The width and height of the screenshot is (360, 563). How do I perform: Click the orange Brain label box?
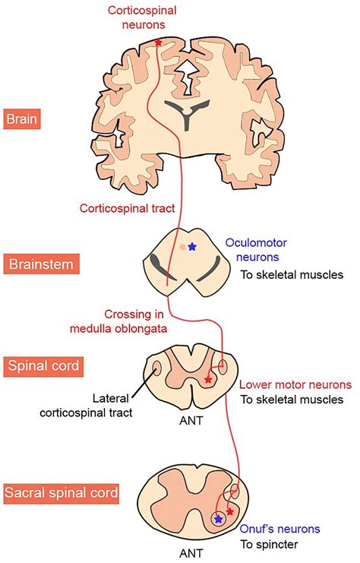(23, 119)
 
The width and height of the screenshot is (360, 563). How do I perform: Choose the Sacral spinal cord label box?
(62, 493)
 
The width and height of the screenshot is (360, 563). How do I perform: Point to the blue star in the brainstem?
(192, 247)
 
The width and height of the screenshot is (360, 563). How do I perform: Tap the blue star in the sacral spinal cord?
(219, 519)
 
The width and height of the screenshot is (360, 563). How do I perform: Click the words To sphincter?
(269, 544)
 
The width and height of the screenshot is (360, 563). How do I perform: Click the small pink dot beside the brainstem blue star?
(182, 247)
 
